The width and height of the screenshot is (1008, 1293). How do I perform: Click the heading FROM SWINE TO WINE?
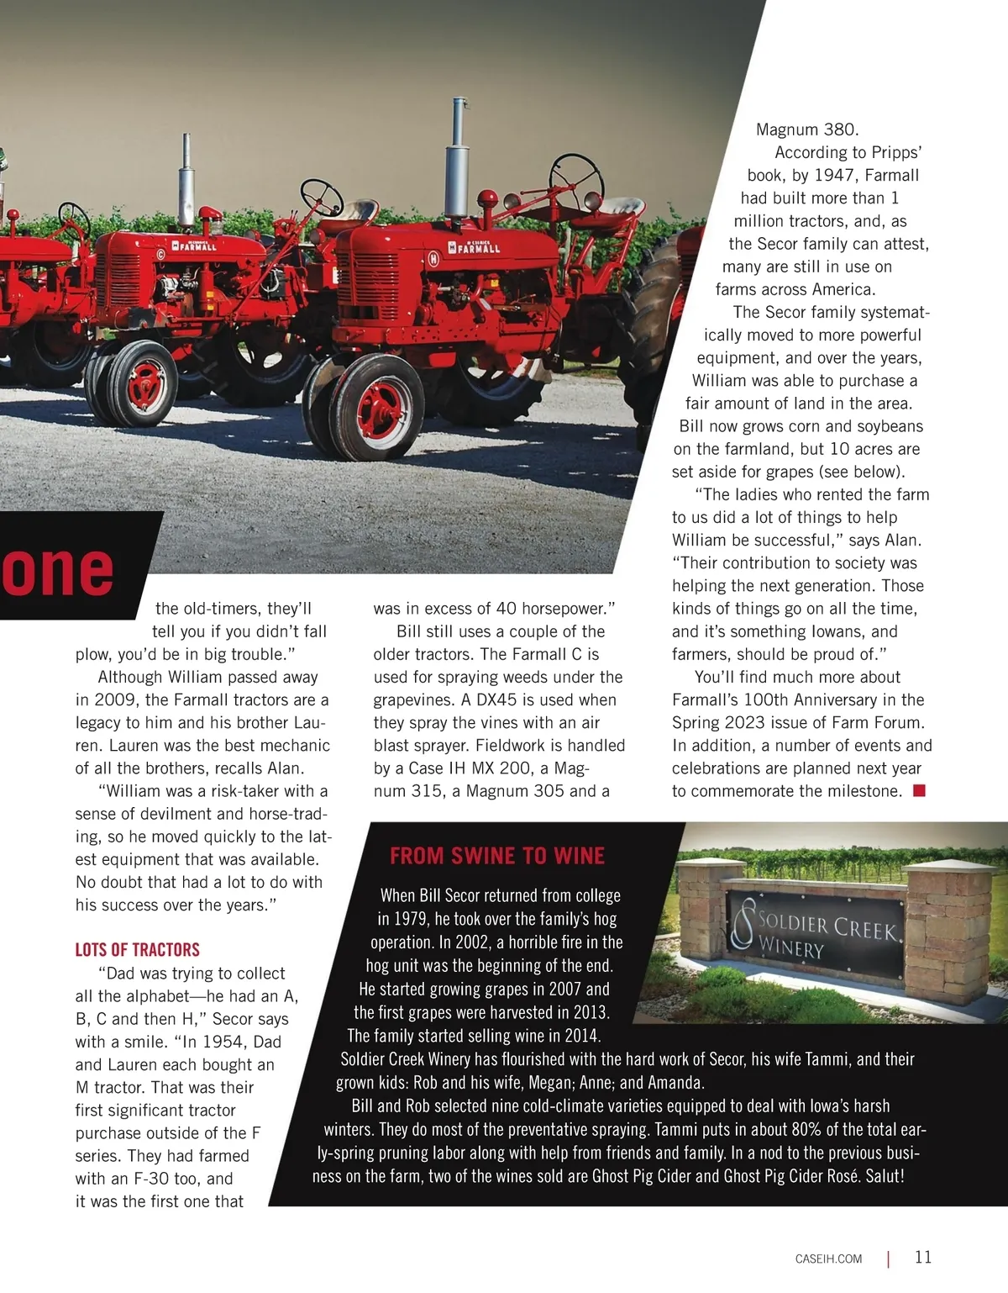[496, 856]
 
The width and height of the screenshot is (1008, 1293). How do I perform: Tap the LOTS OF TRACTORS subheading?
[138, 950]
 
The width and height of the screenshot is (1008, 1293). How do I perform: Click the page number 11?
[923, 1258]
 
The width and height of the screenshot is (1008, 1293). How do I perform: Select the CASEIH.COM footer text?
[828, 1259]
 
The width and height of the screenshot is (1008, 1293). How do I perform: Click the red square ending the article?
[919, 790]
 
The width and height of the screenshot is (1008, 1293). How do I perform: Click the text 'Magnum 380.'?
[807, 129]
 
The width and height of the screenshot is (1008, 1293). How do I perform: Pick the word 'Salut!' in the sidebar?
[885, 1176]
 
